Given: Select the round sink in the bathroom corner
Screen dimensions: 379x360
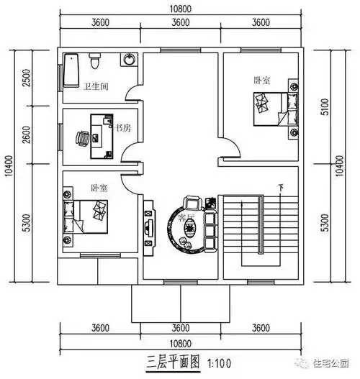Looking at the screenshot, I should (128, 60).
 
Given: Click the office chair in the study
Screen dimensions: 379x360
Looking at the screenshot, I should (82, 135).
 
